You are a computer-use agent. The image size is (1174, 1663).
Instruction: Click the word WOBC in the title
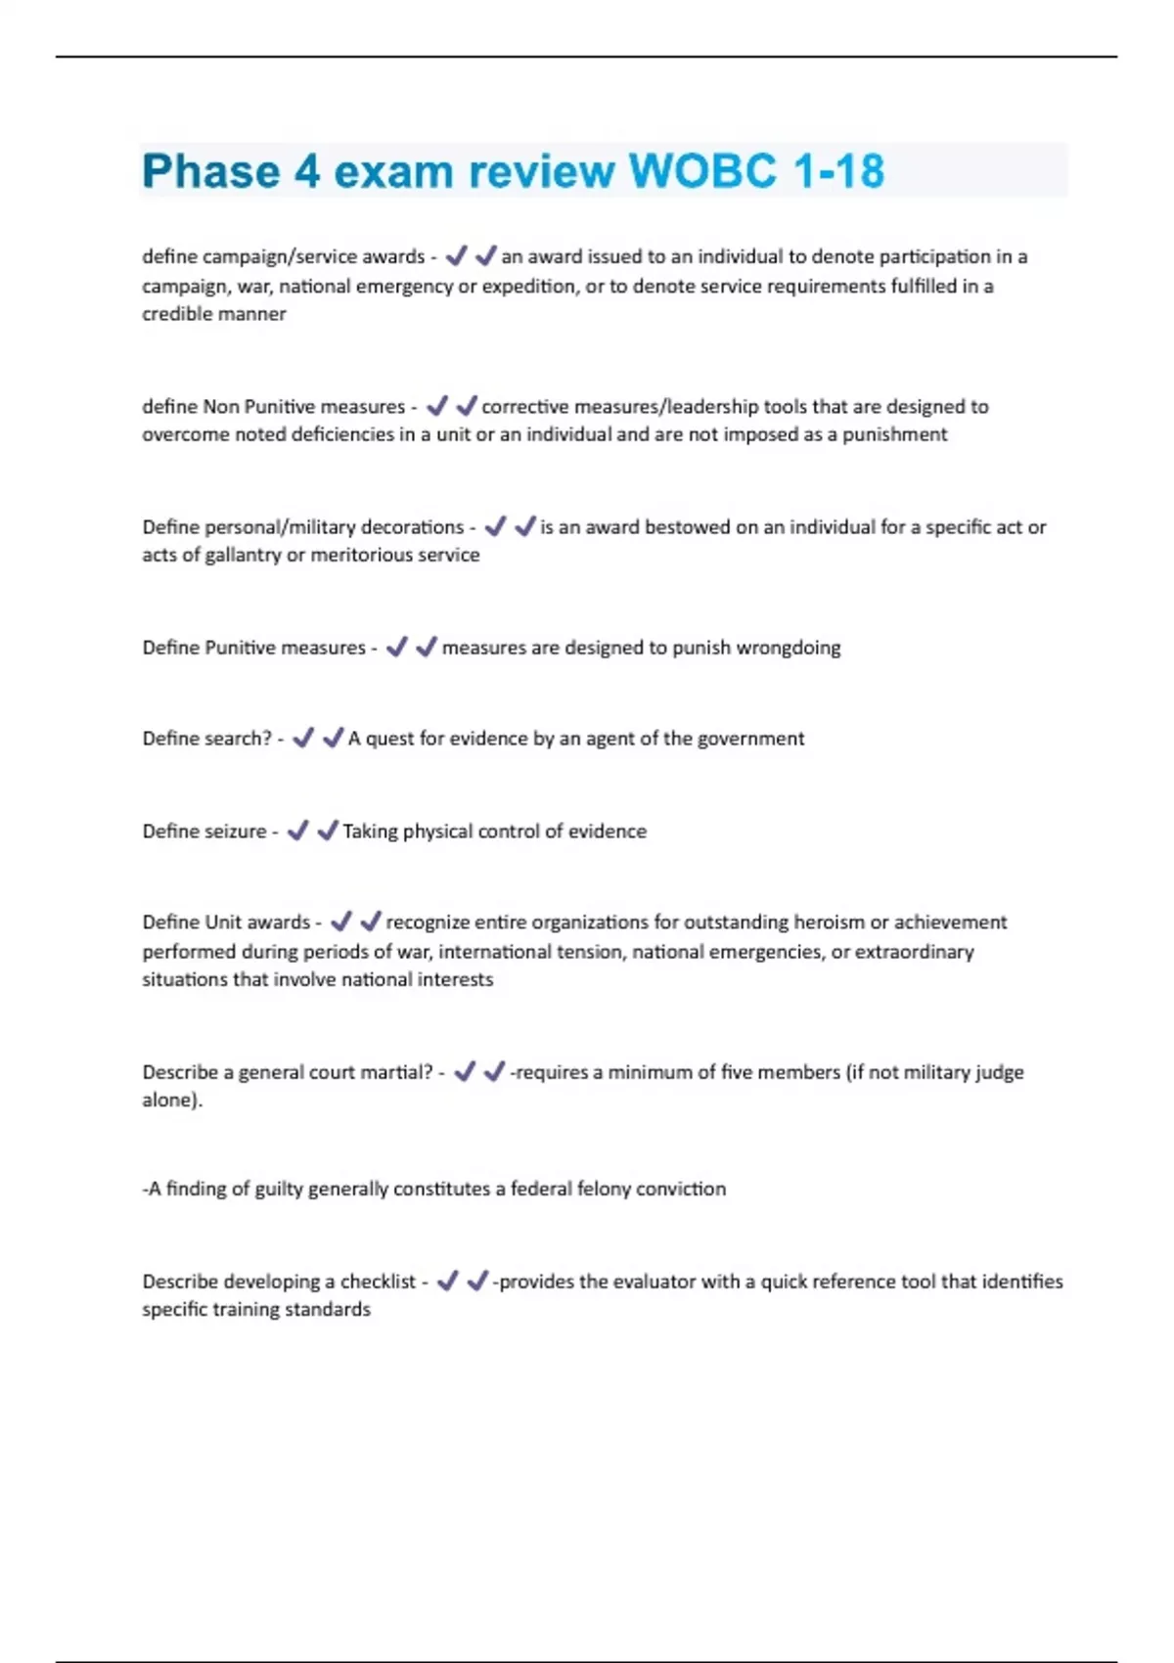[702, 171]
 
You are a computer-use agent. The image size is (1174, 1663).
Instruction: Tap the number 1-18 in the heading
[838, 171]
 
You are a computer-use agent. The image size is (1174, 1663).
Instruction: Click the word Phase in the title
[210, 171]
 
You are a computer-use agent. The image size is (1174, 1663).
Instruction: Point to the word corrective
[523, 406]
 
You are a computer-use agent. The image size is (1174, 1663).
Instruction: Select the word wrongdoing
[788, 648]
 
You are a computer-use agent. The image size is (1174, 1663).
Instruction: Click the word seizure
[234, 831]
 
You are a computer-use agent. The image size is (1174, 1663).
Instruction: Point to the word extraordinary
[914, 952]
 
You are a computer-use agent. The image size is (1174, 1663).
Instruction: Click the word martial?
[395, 1072]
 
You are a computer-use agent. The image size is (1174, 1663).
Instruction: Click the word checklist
[378, 1281]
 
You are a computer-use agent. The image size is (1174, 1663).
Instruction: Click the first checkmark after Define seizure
[297, 831]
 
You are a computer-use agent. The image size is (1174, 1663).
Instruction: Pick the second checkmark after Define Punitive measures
[427, 647]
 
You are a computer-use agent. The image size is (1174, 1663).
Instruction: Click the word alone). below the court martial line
[172, 1100]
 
